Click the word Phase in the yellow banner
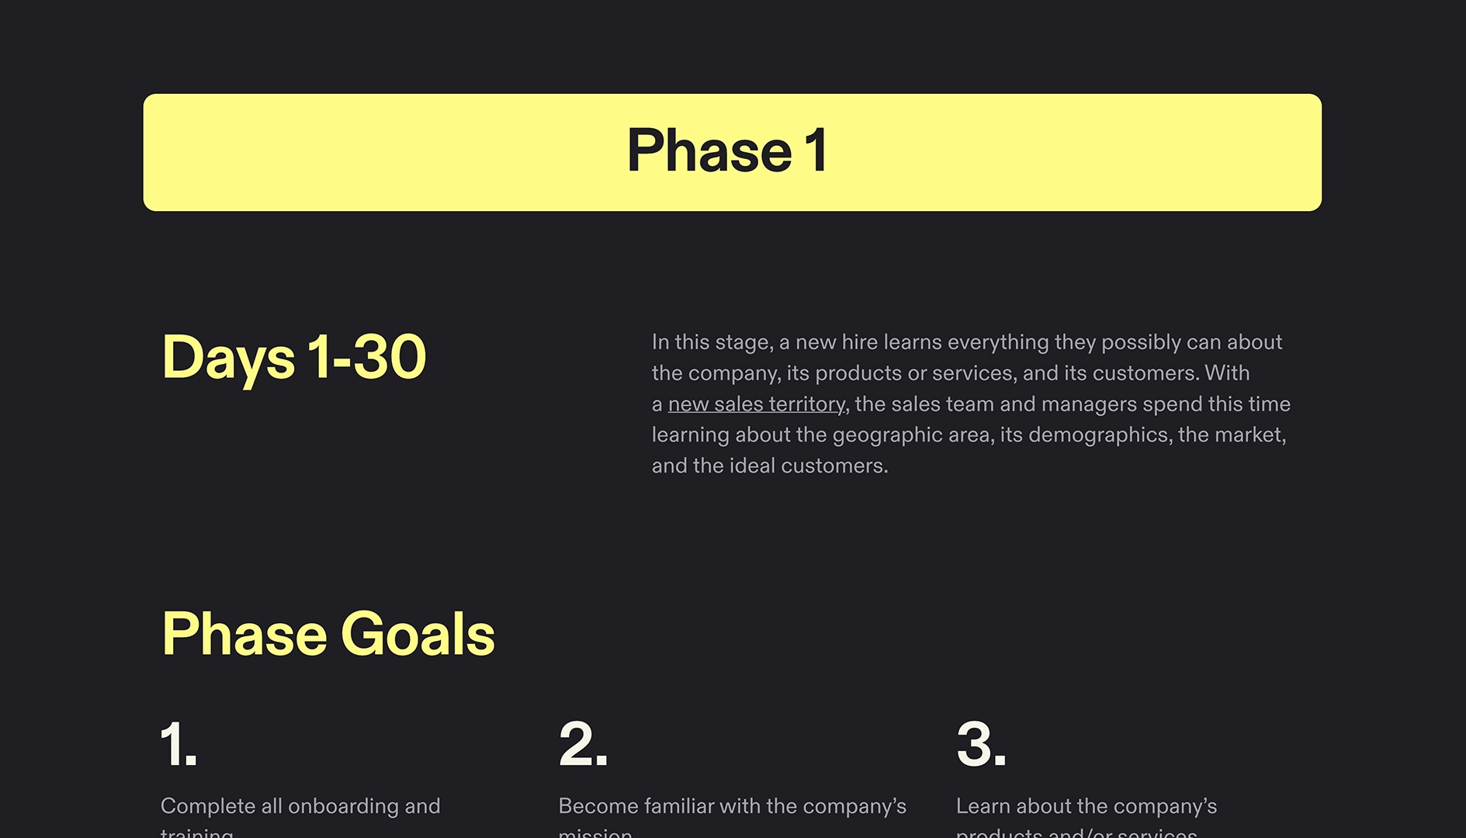[709, 151]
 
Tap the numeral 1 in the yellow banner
[816, 151]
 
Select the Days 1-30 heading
[294, 357]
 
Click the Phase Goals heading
[328, 634]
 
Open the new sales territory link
[757, 404]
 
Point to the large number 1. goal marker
[178, 744]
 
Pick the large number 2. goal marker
[583, 744]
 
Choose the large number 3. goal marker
[981, 744]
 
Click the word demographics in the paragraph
[1098, 435]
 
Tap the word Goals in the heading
[418, 634]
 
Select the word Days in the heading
[228, 357]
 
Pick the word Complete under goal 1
[208, 806]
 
